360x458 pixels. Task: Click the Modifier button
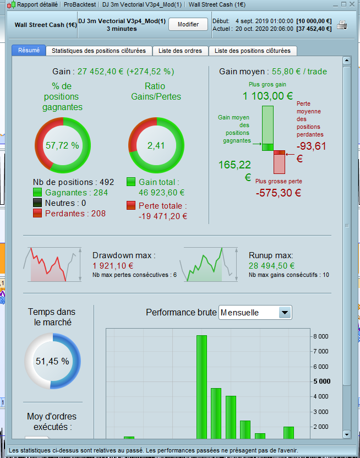pyautogui.click(x=188, y=25)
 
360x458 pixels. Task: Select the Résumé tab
pyautogui.click(x=29, y=50)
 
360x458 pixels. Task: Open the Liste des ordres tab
pyautogui.click(x=180, y=51)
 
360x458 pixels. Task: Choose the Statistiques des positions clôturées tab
pyautogui.click(x=99, y=51)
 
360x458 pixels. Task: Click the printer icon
pyautogui.click(x=342, y=25)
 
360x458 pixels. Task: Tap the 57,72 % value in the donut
pyautogui.click(x=62, y=146)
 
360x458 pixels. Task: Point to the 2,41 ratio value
pyautogui.click(x=155, y=146)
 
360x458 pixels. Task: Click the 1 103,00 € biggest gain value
pyautogui.click(x=268, y=96)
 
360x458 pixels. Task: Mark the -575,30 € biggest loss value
pyautogui.click(x=279, y=193)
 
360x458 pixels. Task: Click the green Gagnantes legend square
pyautogui.click(x=37, y=193)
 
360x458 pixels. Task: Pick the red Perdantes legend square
pyautogui.click(x=37, y=213)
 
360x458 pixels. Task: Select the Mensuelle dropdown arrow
pyautogui.click(x=285, y=313)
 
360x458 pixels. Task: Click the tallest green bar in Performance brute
pyautogui.click(x=201, y=385)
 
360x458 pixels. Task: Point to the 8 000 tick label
pyautogui.click(x=321, y=336)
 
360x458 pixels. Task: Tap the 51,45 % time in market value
pyautogui.click(x=52, y=362)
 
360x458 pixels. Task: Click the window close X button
pyautogui.click(x=352, y=4)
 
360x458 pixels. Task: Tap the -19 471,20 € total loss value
pyautogui.click(x=163, y=216)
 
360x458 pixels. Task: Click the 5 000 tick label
pyautogui.click(x=321, y=381)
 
